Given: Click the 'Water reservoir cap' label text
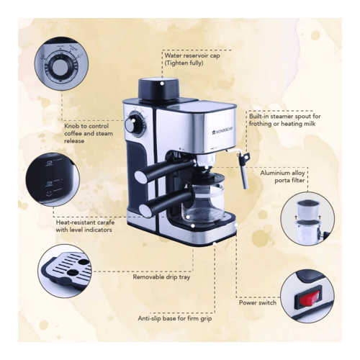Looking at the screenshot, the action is click(192, 55).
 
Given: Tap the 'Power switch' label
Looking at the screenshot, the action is click(258, 302).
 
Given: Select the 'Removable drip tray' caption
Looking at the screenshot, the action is click(161, 277).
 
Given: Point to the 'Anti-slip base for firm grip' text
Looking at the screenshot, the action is click(175, 319).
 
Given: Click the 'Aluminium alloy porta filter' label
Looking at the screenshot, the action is click(282, 176).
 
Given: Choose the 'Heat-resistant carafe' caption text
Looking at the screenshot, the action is click(85, 222).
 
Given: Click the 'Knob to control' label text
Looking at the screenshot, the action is click(86, 126).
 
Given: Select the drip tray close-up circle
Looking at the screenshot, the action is click(65, 271).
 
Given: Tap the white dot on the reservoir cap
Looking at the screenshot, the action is click(162, 84).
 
